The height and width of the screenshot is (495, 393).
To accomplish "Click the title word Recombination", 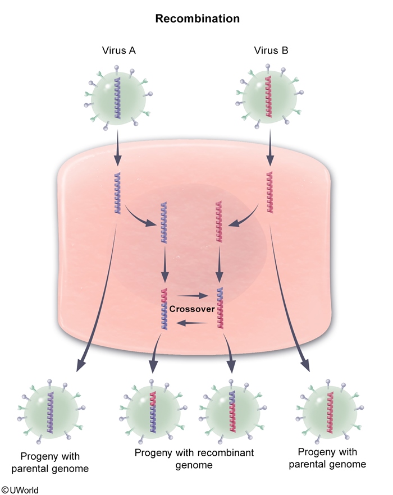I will click(x=197, y=19).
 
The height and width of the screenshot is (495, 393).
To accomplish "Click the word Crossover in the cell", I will click(x=191, y=309).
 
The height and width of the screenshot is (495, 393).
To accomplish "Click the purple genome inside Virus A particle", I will click(x=117, y=97).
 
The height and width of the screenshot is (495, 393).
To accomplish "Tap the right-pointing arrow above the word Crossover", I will click(x=191, y=295).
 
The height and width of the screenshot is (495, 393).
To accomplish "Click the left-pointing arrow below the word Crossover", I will click(x=191, y=323).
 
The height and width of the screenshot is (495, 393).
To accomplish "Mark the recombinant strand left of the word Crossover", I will click(x=164, y=308).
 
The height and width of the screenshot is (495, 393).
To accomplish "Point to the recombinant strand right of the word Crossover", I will click(x=220, y=308).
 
